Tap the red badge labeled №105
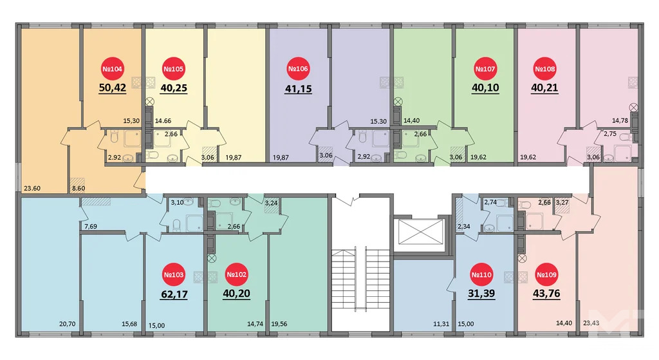click(174, 69)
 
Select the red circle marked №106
click(298, 69)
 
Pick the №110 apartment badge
click(482, 276)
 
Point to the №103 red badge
click(174, 276)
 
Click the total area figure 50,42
click(112, 88)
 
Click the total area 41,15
click(298, 89)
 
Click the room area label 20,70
click(68, 325)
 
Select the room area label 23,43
click(590, 325)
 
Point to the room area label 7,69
click(91, 226)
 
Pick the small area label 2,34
click(464, 226)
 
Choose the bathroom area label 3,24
click(272, 203)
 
